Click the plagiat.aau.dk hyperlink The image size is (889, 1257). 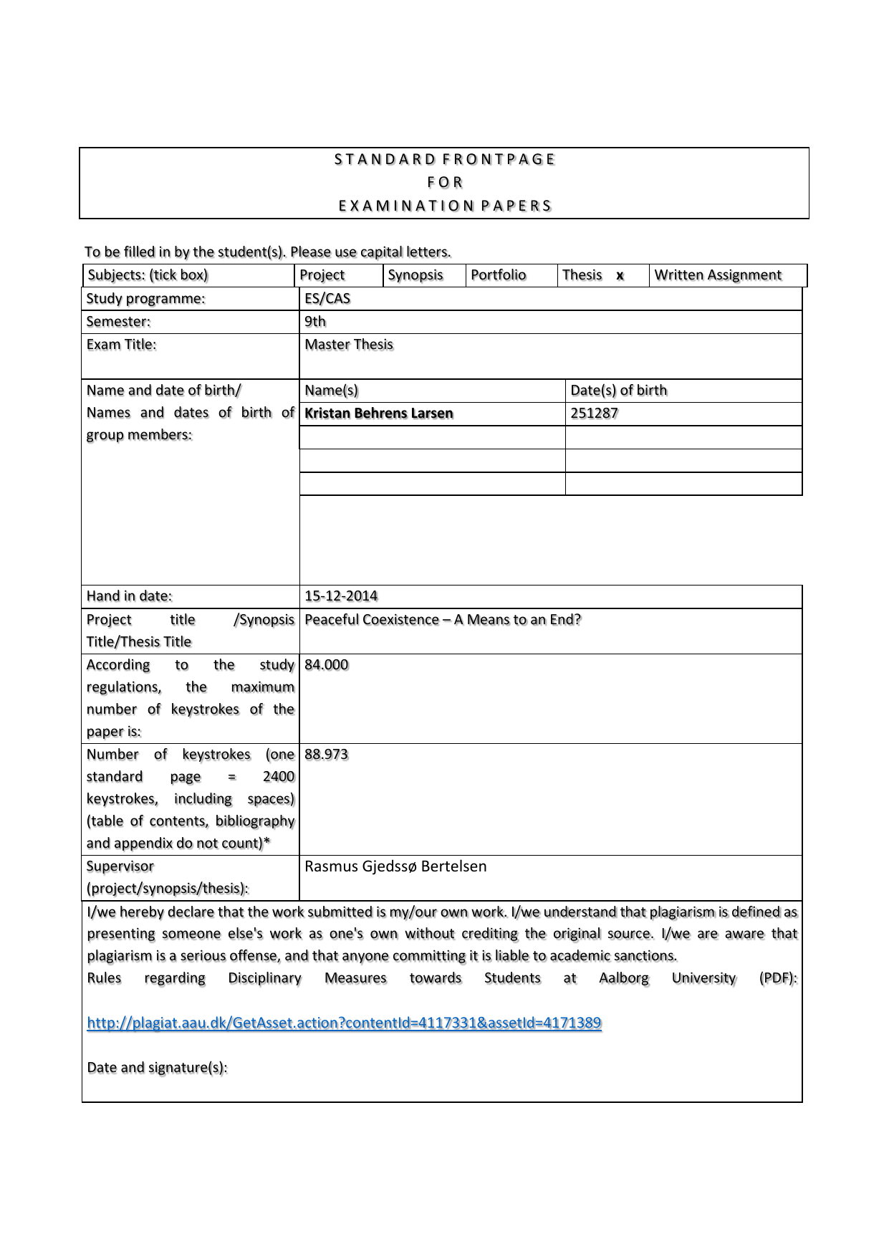[x=344, y=1023]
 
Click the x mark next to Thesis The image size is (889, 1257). [x=620, y=276]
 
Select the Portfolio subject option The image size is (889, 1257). [x=498, y=275]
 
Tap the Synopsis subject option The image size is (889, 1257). [x=415, y=275]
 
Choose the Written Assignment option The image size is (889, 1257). [x=718, y=275]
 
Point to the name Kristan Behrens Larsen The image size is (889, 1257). [x=379, y=414]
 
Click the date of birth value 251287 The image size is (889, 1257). [x=594, y=414]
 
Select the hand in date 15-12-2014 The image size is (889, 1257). [x=341, y=596]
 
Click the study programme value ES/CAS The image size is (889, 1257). [x=327, y=299]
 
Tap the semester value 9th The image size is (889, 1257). [x=315, y=322]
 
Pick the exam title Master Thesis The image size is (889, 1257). [x=349, y=345]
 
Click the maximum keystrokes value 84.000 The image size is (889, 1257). [x=327, y=665]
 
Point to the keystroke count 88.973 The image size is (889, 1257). [x=327, y=755]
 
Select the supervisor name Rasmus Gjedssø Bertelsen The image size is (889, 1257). [x=395, y=866]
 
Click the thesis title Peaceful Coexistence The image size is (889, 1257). [x=443, y=620]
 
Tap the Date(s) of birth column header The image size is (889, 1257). [x=618, y=391]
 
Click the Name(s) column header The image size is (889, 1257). [x=331, y=391]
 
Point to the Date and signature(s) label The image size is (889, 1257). [x=157, y=1068]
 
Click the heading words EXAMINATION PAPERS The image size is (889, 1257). [x=445, y=206]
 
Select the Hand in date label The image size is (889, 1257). [x=129, y=596]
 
